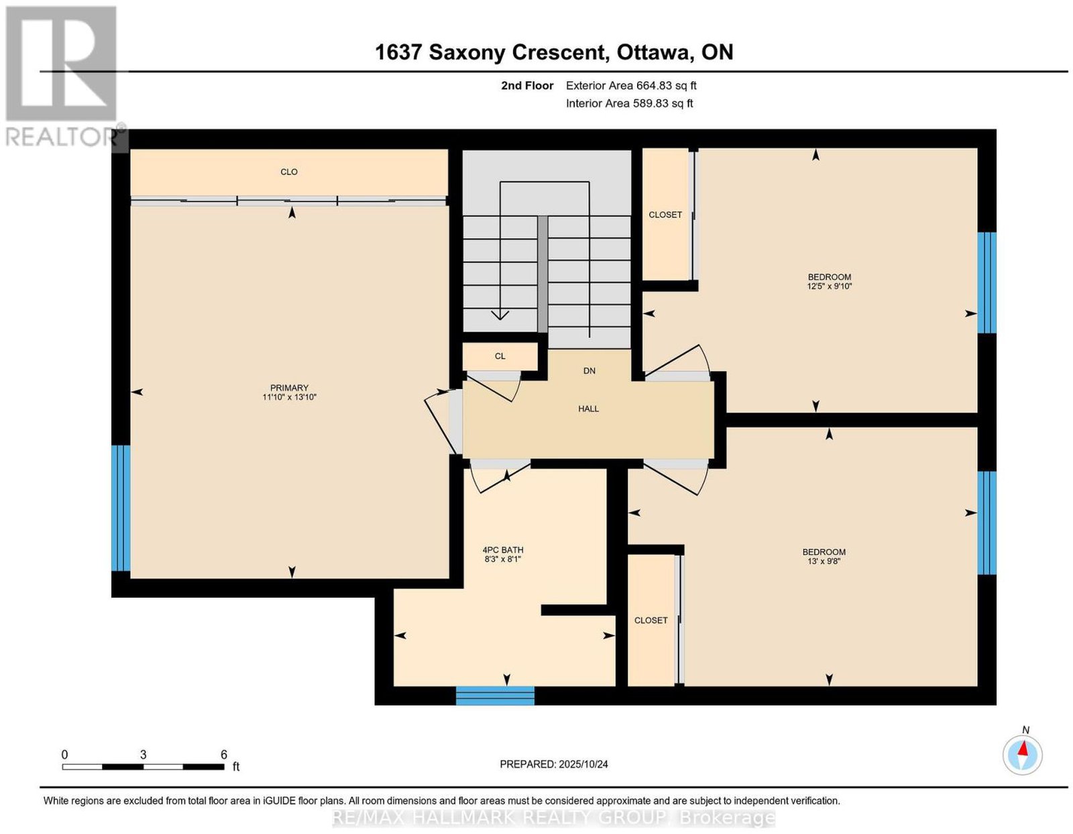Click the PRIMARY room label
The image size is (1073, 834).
(289, 388)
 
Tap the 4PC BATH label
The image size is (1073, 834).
(503, 550)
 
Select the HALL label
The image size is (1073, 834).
(588, 409)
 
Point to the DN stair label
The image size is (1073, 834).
(589, 371)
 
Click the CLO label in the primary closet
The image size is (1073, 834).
(289, 172)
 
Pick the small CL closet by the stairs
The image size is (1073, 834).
(500, 356)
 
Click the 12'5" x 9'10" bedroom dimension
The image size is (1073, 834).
(830, 286)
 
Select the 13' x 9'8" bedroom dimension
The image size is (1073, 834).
(824, 562)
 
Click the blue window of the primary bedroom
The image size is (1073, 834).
(121, 508)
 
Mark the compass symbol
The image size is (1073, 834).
(1022, 755)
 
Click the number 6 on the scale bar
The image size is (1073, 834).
(224, 755)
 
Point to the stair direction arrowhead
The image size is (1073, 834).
(500, 315)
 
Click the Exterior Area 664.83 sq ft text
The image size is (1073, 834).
(631, 85)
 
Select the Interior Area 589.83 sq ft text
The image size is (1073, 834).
(630, 103)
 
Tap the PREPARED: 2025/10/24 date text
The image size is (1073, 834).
(554, 764)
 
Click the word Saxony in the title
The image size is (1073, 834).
(467, 53)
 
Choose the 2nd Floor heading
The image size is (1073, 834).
(527, 85)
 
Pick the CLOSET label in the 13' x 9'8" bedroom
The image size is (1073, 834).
(651, 620)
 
